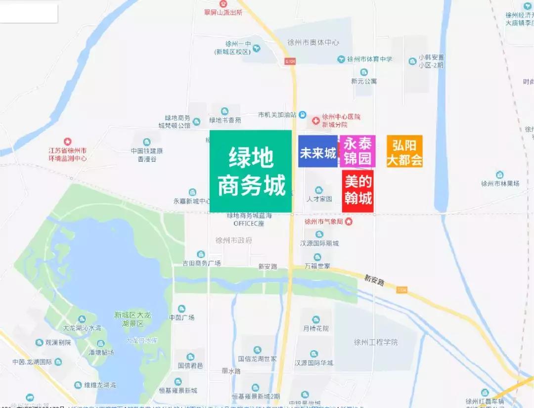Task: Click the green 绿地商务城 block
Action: pyautogui.click(x=250, y=171)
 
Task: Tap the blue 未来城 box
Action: pyautogui.click(x=317, y=152)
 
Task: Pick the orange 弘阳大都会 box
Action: pyautogui.click(x=404, y=151)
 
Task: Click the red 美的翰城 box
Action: pyautogui.click(x=358, y=191)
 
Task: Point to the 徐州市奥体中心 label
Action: pyautogui.click(x=314, y=43)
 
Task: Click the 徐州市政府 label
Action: pyautogui.click(x=234, y=240)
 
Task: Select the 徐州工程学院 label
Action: pyautogui.click(x=376, y=342)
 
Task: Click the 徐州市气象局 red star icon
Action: pyautogui.click(x=349, y=222)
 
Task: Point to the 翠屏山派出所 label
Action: pyautogui.click(x=223, y=13)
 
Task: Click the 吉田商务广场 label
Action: pyautogui.click(x=201, y=263)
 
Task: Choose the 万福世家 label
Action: pyautogui.click(x=317, y=266)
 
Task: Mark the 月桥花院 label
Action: pyautogui.click(x=316, y=328)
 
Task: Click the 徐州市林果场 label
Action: pyautogui.click(x=500, y=183)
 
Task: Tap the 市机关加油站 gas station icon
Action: pyautogui.click(x=302, y=115)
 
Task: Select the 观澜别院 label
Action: pyautogui.click(x=58, y=342)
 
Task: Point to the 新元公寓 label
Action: pyautogui.click(x=364, y=81)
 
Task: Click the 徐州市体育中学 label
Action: pyautogui.click(x=369, y=59)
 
